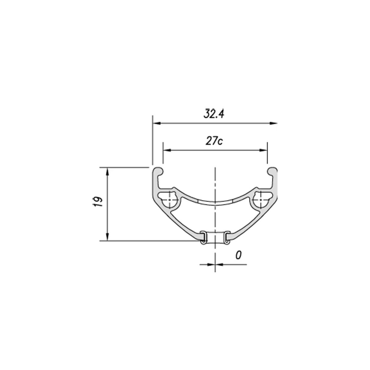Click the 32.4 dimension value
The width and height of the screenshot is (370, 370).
(214, 114)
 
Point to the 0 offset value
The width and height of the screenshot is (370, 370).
(238, 255)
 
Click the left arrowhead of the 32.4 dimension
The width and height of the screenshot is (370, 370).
(157, 123)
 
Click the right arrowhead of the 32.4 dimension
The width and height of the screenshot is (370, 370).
(273, 123)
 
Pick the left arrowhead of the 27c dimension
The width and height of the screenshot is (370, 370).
(167, 150)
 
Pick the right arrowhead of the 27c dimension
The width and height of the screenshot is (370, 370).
(263, 150)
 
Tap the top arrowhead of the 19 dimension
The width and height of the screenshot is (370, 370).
(108, 171)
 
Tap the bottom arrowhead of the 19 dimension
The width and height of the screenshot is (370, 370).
(108, 236)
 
